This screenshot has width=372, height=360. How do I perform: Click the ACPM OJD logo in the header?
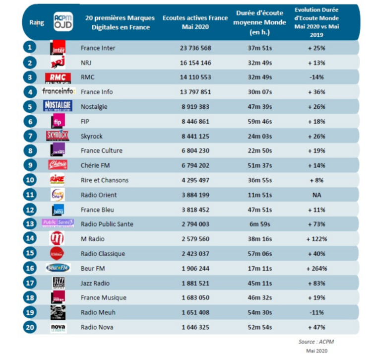63,22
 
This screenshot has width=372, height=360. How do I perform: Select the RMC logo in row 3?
58,77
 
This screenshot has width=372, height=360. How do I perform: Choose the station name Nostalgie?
94,107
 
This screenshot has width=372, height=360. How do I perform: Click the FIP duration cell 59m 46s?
259,121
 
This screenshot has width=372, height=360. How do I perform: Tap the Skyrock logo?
58,136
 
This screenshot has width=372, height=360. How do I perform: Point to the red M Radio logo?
58,239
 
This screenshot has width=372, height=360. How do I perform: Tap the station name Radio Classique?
103,254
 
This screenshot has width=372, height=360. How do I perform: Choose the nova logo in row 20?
58,327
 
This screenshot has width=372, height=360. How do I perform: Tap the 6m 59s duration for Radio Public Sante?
259,224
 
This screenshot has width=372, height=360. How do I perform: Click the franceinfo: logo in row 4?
59,92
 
